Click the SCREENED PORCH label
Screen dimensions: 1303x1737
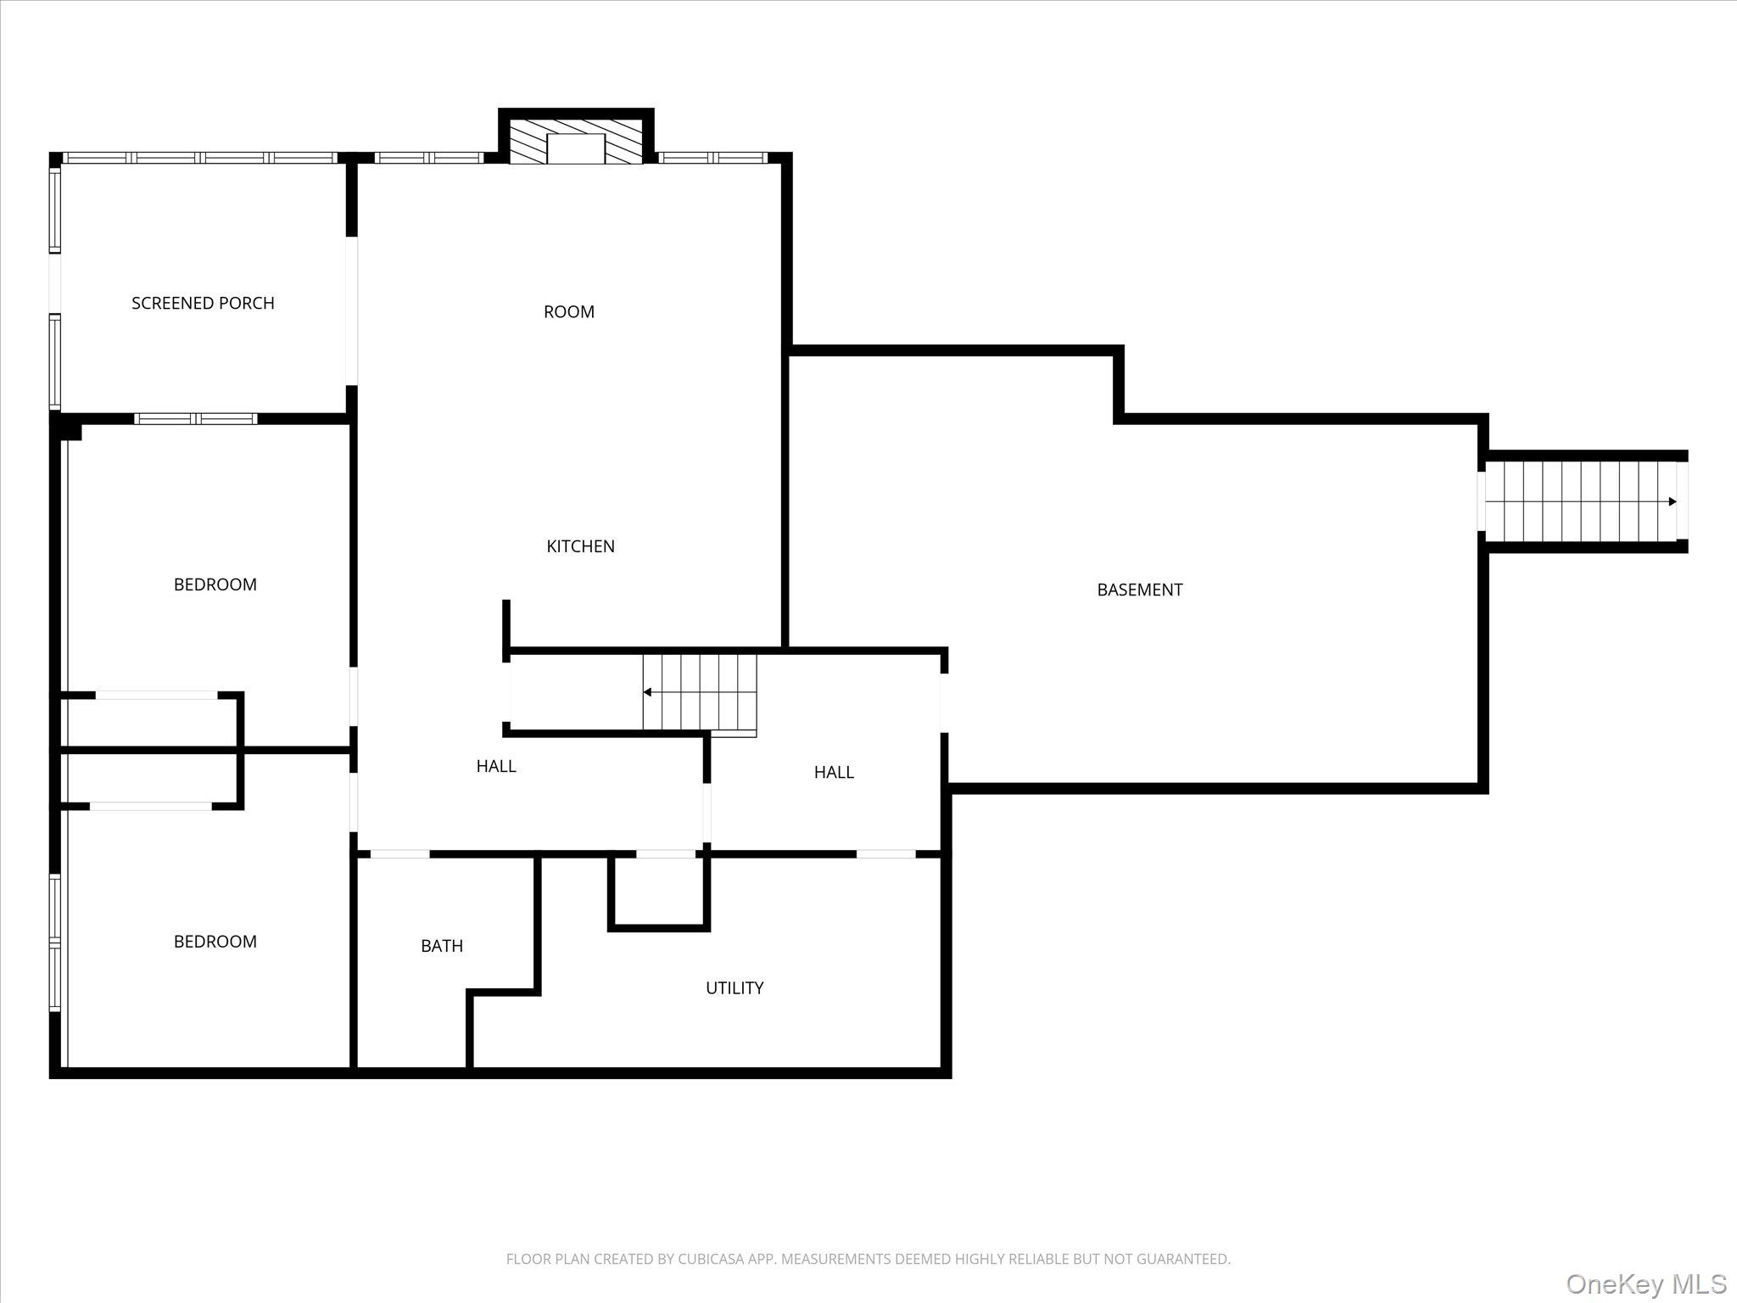pos(203,303)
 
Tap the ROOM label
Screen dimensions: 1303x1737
pos(568,311)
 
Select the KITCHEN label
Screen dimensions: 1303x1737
pos(580,546)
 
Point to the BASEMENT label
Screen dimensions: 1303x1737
pos(1139,590)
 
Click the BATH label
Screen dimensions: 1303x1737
pos(442,946)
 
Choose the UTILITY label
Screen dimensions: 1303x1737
pos(734,987)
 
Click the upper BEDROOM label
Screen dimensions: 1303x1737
pos(215,584)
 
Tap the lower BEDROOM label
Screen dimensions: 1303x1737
pos(215,942)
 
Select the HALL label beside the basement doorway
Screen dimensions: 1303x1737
pos(834,772)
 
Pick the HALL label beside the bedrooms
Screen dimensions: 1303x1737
pos(496,766)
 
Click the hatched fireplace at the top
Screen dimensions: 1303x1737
pos(576,142)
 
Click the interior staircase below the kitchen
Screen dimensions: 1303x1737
pos(699,691)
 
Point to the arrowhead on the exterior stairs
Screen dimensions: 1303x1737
pos(1673,501)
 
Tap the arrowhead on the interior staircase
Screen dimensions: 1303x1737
pos(647,692)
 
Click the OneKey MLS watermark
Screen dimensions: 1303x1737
pos(1645,1283)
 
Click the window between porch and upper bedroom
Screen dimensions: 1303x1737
pos(196,418)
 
